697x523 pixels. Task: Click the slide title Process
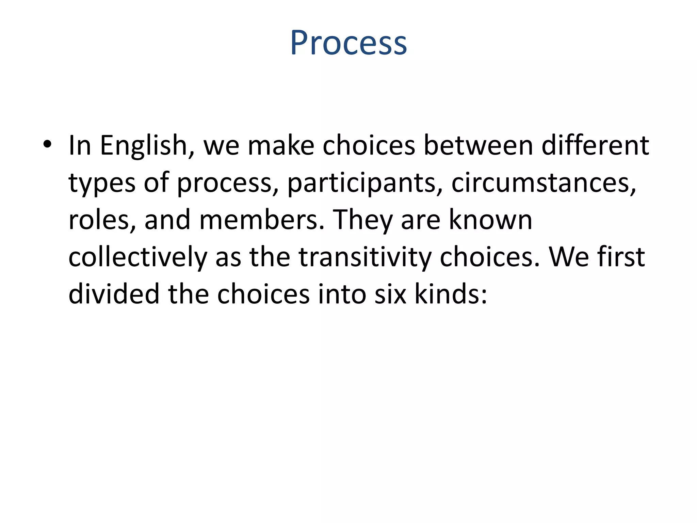(348, 43)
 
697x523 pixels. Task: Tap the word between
(478, 146)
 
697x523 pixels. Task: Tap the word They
(362, 221)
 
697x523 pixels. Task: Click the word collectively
(138, 257)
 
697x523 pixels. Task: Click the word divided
(114, 294)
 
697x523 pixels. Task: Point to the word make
(281, 146)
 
